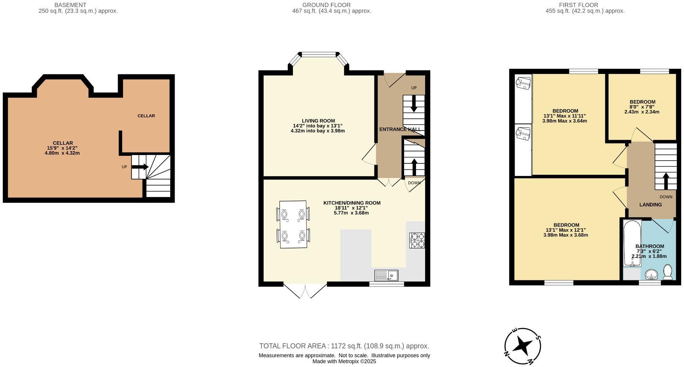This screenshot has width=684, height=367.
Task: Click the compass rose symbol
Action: [x=522, y=346]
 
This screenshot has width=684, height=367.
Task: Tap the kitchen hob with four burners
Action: [x=417, y=240]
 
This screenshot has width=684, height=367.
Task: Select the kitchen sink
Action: [x=386, y=275]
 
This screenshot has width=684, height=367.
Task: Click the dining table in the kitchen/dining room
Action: [x=293, y=224]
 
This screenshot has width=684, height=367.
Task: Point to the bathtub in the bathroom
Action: [x=632, y=243]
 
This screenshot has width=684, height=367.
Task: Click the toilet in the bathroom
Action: [x=668, y=272]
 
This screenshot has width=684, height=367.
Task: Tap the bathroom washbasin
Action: [x=651, y=274]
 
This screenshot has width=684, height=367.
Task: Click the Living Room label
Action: [x=318, y=121]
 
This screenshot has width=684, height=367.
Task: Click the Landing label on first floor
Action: [x=650, y=204]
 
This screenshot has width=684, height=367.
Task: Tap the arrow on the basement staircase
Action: [x=139, y=167]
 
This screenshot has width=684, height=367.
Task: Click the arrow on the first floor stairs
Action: [x=665, y=181]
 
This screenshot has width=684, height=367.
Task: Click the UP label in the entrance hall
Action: [x=414, y=88]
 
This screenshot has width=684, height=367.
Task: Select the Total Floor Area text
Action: [x=344, y=346]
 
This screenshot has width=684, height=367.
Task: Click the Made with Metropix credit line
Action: [x=344, y=361]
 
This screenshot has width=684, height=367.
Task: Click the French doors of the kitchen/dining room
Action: [x=305, y=290]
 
